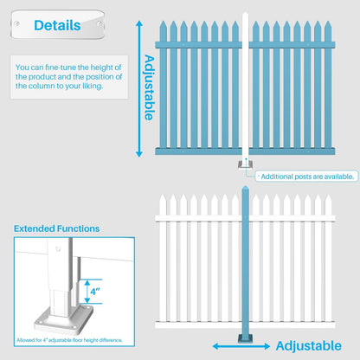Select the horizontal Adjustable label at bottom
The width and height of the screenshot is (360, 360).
pyautogui.click(x=308, y=346)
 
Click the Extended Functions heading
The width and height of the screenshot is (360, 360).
pyautogui.click(x=56, y=228)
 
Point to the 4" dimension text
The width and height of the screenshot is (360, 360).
pyautogui.click(x=95, y=292)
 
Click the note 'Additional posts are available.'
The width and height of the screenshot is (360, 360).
pyautogui.click(x=307, y=176)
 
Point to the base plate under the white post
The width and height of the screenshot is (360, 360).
pyautogui.click(x=246, y=166)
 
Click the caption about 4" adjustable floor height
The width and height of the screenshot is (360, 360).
pyautogui.click(x=68, y=339)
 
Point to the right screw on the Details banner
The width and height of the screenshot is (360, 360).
pyautogui.click(x=100, y=25)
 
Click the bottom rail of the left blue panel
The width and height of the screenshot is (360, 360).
pyautogui.click(x=197, y=151)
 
